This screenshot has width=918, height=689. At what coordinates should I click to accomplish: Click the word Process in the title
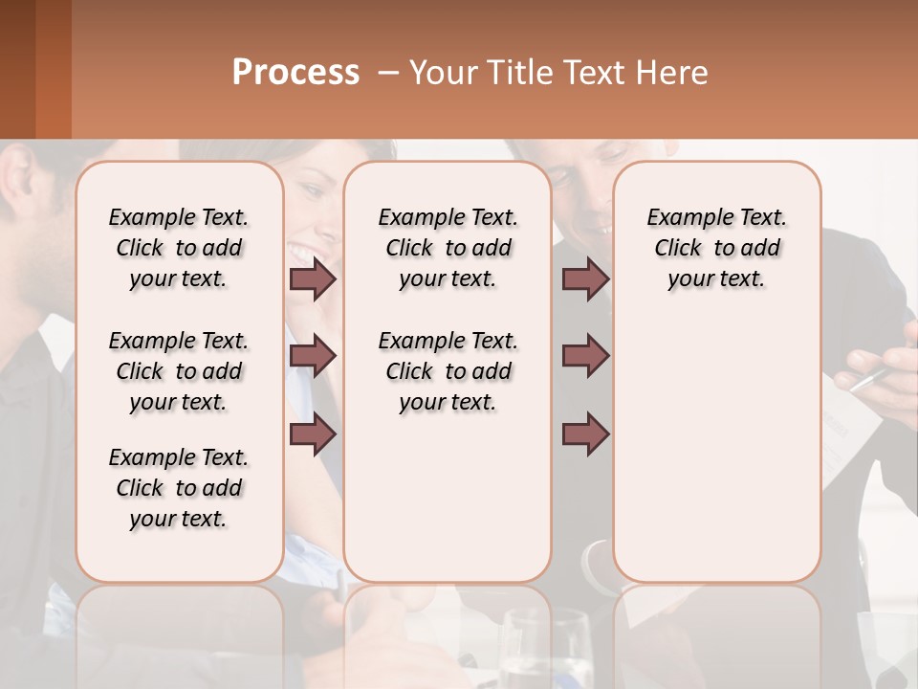point(295,73)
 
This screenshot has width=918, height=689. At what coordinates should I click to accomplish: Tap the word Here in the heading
point(672,73)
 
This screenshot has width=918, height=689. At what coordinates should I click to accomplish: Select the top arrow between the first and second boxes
point(313,279)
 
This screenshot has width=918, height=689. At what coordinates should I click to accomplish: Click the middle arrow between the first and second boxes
point(313,357)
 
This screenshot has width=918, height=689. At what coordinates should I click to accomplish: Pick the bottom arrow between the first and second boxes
point(313,434)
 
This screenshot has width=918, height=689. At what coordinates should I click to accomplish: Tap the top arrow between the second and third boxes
point(585,279)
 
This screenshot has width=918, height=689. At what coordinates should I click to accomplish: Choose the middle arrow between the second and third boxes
point(585,357)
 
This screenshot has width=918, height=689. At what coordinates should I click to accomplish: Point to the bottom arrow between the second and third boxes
point(585,434)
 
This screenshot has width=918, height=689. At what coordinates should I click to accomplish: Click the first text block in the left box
point(179,248)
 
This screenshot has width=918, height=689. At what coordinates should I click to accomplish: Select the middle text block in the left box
point(179,371)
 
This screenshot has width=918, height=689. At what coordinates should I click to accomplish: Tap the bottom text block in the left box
point(179,488)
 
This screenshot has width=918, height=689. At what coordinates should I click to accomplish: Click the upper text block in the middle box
point(448,248)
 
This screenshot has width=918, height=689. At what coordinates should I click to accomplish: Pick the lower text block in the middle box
point(448,371)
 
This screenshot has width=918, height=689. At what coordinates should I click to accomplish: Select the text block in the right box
point(716,248)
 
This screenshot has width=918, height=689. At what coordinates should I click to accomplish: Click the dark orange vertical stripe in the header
point(54,69)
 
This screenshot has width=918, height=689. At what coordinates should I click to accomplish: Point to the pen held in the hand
point(868,379)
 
